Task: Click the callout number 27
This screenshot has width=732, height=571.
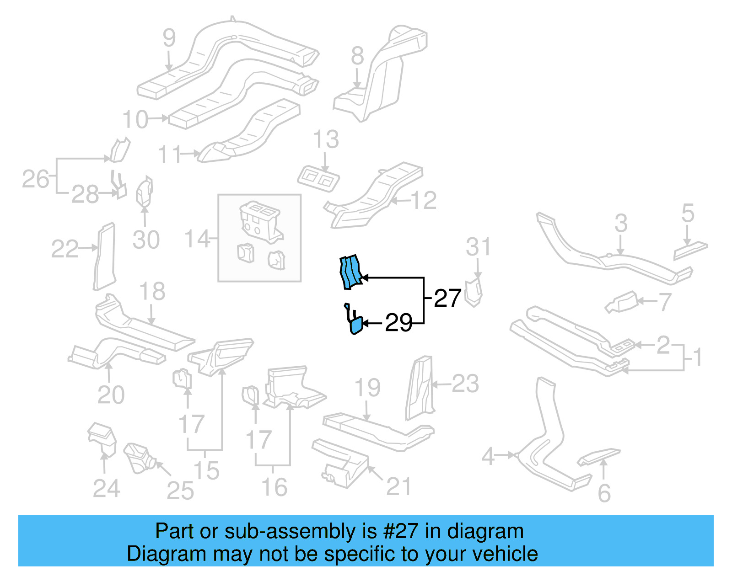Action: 447,299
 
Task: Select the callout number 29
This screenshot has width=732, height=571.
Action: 398,323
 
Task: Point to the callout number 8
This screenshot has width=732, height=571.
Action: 357,57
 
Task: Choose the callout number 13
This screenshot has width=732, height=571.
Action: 326,139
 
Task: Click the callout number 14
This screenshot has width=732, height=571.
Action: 197,239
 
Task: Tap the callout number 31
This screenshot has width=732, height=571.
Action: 478,247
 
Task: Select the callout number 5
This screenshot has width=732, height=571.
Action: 688,213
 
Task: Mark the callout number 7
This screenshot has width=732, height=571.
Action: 664,301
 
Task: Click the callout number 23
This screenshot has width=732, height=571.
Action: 465,384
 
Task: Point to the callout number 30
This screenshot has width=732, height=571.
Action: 146,240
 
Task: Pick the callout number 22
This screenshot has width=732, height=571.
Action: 65,249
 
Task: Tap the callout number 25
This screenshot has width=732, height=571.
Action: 180,491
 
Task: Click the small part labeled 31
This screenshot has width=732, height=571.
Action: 474,293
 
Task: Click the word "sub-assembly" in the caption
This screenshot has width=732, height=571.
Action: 291,532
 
